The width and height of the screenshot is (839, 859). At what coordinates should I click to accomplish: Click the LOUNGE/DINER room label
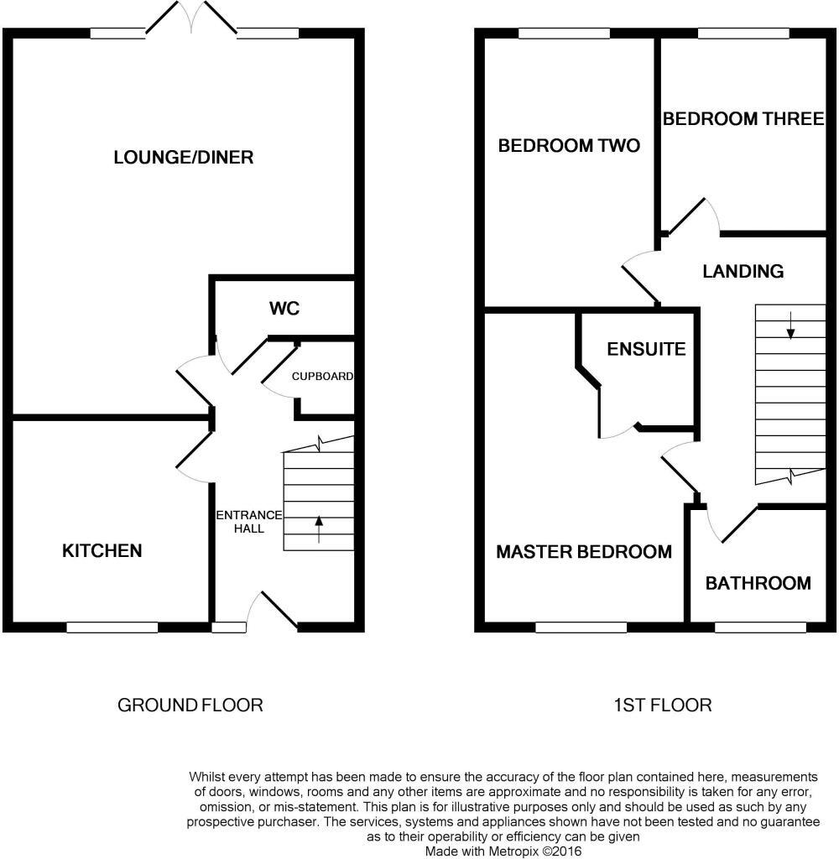click(183, 158)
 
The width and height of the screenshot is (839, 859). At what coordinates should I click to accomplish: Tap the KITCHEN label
click(102, 551)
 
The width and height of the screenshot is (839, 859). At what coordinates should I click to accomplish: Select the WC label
click(284, 309)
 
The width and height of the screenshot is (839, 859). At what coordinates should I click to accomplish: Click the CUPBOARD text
click(322, 377)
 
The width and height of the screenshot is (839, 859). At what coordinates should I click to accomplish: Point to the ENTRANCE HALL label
click(249, 522)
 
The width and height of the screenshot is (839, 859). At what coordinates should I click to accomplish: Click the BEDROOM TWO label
click(569, 146)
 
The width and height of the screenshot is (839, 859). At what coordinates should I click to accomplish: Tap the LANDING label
click(743, 271)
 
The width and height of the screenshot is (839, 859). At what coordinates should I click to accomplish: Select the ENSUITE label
click(647, 349)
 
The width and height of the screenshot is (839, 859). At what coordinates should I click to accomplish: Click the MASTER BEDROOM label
click(584, 552)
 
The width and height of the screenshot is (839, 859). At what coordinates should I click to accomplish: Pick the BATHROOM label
click(758, 583)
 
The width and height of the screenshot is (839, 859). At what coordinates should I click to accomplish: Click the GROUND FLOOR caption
click(190, 705)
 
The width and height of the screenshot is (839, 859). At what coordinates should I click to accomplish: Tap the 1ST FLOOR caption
click(663, 705)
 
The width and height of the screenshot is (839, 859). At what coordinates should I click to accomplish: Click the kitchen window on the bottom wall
click(112, 627)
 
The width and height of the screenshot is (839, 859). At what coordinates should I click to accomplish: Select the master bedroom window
click(581, 627)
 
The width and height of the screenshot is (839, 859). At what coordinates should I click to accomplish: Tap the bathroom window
click(760, 627)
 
